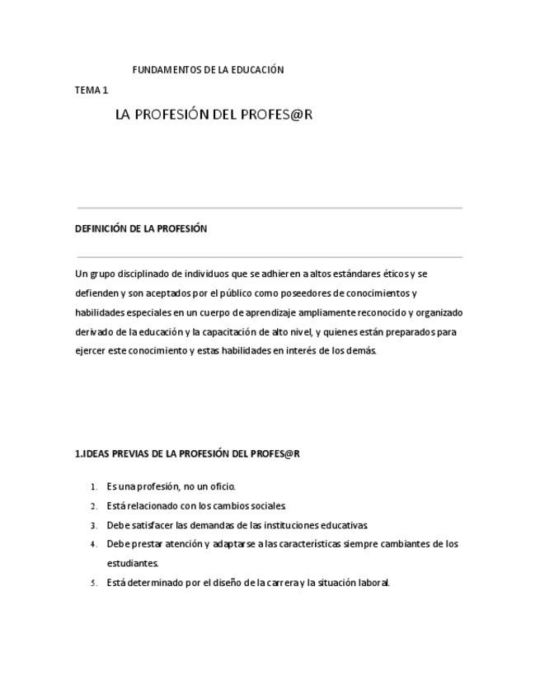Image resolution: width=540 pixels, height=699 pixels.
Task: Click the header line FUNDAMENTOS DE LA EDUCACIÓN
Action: point(208,70)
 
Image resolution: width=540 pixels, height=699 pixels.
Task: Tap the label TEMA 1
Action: point(92,90)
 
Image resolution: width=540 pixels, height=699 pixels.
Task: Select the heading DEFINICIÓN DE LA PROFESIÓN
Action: point(141,229)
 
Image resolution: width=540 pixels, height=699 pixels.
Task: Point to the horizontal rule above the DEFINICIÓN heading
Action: point(270,208)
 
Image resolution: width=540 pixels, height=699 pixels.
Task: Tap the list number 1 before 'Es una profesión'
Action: point(94,487)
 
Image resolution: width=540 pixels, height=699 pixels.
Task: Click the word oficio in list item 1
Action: point(222,486)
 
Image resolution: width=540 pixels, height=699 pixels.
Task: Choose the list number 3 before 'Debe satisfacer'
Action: point(94,525)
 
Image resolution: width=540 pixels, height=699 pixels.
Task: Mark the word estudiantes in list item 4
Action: point(132,564)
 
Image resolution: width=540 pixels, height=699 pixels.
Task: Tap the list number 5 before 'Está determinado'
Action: point(94,583)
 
